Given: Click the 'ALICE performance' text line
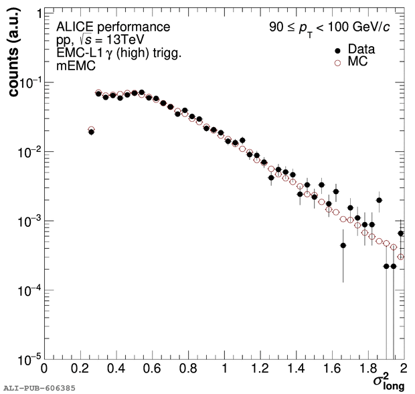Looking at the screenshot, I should [112, 27].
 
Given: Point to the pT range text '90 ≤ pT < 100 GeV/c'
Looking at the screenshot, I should [326, 29].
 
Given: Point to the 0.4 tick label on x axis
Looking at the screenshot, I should [116, 368].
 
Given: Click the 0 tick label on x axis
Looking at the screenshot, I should [44, 368].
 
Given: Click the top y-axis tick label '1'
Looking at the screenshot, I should [33, 14].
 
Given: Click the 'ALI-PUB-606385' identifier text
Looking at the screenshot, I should [39, 388].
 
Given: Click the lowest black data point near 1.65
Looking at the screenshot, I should [343, 245].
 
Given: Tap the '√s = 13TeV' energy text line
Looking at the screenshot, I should [107, 40].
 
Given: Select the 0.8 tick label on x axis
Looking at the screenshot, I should [188, 368].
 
